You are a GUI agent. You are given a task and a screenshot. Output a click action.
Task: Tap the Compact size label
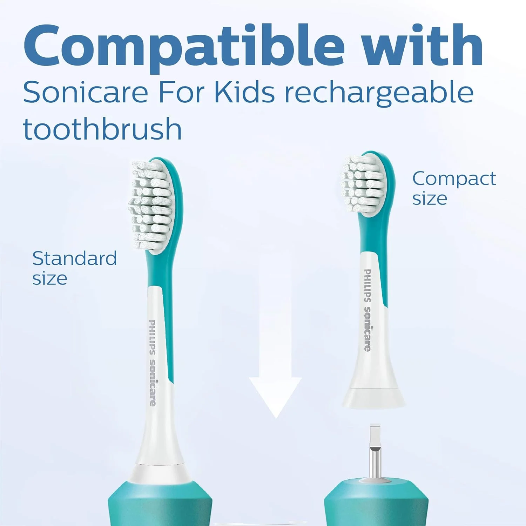454,188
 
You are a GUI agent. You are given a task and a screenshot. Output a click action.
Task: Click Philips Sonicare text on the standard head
153,363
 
